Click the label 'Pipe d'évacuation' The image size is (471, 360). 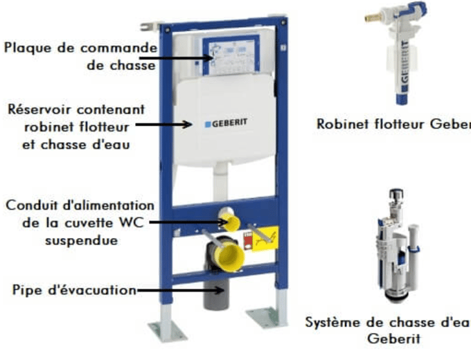point(73,290)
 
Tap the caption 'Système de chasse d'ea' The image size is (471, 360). point(388,323)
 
